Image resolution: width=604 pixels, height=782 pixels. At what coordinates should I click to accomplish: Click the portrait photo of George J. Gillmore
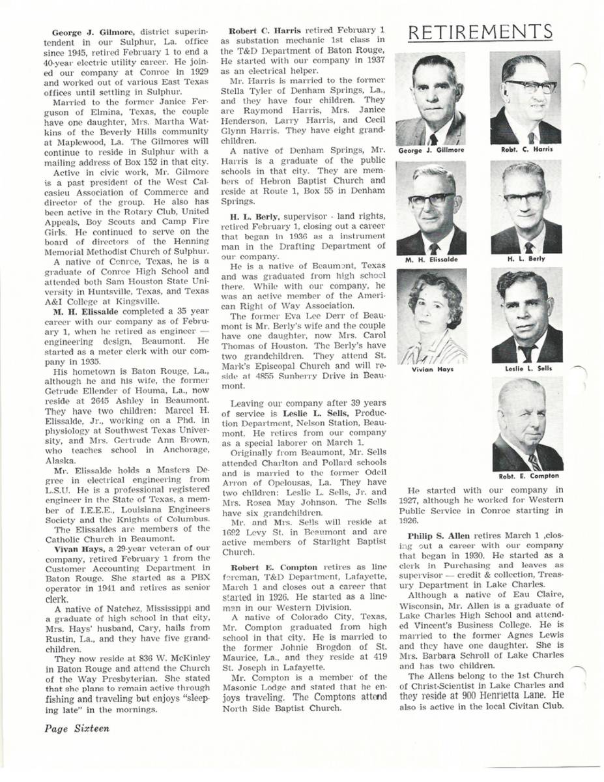click(431, 100)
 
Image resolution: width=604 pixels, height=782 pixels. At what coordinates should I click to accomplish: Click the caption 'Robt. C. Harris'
click(527, 149)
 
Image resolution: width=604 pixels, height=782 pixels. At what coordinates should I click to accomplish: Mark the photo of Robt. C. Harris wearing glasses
click(526, 99)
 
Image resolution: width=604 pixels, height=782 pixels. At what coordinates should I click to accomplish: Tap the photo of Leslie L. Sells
click(526, 317)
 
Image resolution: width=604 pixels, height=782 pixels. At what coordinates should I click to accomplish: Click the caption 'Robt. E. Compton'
click(526, 476)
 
